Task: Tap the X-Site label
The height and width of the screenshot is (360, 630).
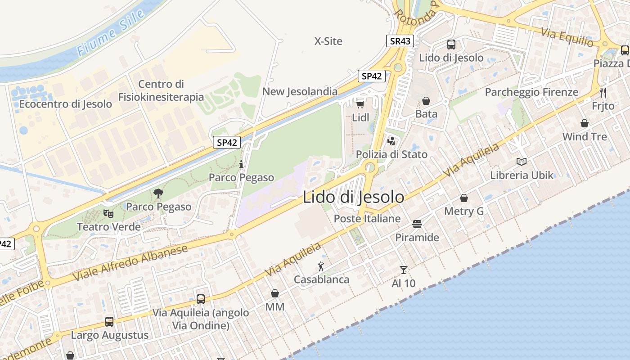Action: [x=328, y=41]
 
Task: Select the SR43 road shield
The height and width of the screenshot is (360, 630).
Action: [x=400, y=41]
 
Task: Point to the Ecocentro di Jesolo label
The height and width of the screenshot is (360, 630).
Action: [x=65, y=104]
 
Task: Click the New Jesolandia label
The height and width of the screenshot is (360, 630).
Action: [x=300, y=91]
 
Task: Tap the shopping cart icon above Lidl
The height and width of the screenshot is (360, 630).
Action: [x=360, y=104]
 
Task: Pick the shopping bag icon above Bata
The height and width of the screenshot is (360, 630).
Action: [x=426, y=101]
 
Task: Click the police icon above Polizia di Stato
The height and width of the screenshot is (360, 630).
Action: [x=391, y=141]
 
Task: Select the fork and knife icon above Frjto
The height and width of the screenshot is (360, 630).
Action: [x=603, y=93]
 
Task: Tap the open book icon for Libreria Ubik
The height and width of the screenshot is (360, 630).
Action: [x=522, y=162]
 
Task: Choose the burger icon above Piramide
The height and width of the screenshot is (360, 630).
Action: [x=417, y=224]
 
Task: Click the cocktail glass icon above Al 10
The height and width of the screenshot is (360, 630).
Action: [x=403, y=270]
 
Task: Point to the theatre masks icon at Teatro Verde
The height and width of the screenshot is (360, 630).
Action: [x=108, y=213]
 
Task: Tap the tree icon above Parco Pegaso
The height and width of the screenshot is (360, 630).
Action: [x=158, y=193]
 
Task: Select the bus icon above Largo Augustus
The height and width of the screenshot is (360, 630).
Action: [x=109, y=322]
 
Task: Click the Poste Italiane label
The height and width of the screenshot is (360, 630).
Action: [x=367, y=219]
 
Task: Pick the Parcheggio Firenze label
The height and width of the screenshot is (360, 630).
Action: [x=531, y=92]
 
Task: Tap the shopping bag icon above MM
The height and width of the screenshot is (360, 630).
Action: [x=274, y=293]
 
